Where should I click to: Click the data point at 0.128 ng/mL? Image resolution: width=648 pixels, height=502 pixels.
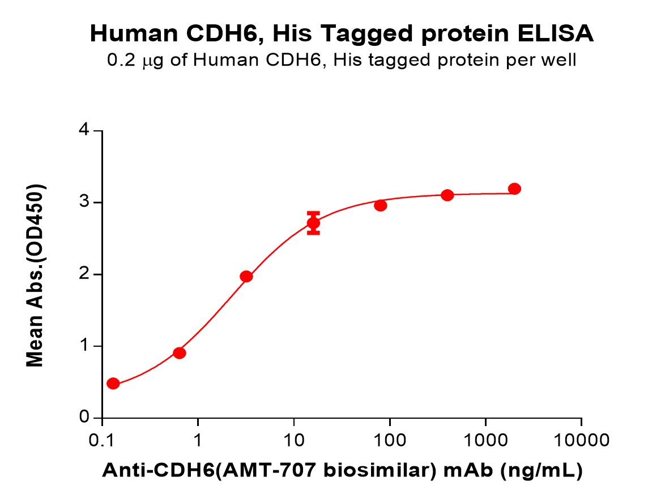(x=113, y=384)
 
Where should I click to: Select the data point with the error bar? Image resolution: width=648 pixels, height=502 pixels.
(x=313, y=223)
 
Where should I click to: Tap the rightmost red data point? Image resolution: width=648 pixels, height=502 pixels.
(x=514, y=189)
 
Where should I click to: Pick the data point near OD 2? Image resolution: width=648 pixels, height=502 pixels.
(x=246, y=276)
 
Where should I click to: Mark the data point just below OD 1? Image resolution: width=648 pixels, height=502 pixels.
(x=180, y=353)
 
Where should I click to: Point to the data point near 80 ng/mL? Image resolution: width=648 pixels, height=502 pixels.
(x=381, y=205)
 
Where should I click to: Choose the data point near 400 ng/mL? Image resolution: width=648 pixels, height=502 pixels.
(x=447, y=195)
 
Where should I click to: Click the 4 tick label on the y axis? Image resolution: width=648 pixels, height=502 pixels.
(x=84, y=131)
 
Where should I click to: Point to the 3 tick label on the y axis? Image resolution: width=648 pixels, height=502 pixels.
(x=84, y=203)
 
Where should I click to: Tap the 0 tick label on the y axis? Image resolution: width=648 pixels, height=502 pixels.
(x=84, y=418)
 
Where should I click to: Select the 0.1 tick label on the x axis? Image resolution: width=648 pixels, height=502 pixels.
(x=102, y=440)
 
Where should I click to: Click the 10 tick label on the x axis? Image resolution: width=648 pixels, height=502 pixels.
(x=293, y=440)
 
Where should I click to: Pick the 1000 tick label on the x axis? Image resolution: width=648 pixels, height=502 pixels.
(x=485, y=440)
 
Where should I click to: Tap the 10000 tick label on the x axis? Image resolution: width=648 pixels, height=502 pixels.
(x=581, y=440)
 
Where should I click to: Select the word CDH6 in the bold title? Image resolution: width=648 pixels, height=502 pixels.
(x=217, y=35)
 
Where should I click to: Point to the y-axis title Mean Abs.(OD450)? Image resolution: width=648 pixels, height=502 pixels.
(x=36, y=275)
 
